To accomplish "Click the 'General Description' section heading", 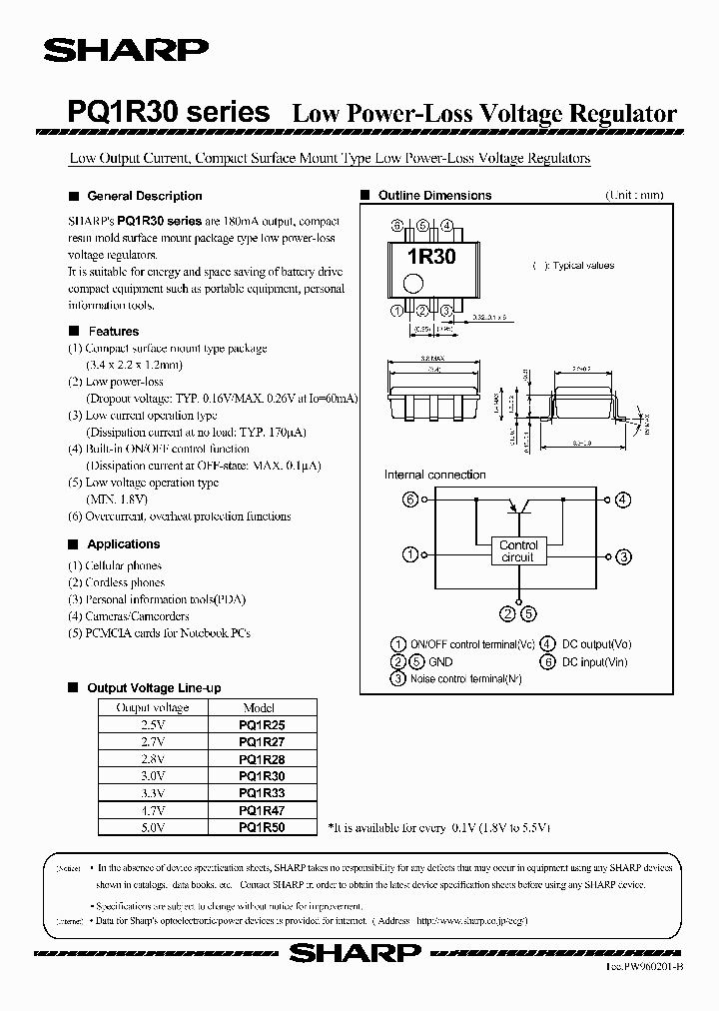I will (x=145, y=196).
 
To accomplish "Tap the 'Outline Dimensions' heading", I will (x=434, y=196).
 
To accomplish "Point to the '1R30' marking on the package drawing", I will (x=430, y=257).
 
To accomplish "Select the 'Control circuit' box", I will (x=518, y=551).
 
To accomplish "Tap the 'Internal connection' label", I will (x=435, y=475).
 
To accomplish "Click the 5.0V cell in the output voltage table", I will (x=153, y=827).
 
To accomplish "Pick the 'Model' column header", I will (x=259, y=707).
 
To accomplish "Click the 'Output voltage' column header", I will (x=153, y=707).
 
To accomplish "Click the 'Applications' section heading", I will (x=123, y=544).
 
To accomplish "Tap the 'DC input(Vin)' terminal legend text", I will (x=595, y=661).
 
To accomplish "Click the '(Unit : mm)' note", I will (x=633, y=196).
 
